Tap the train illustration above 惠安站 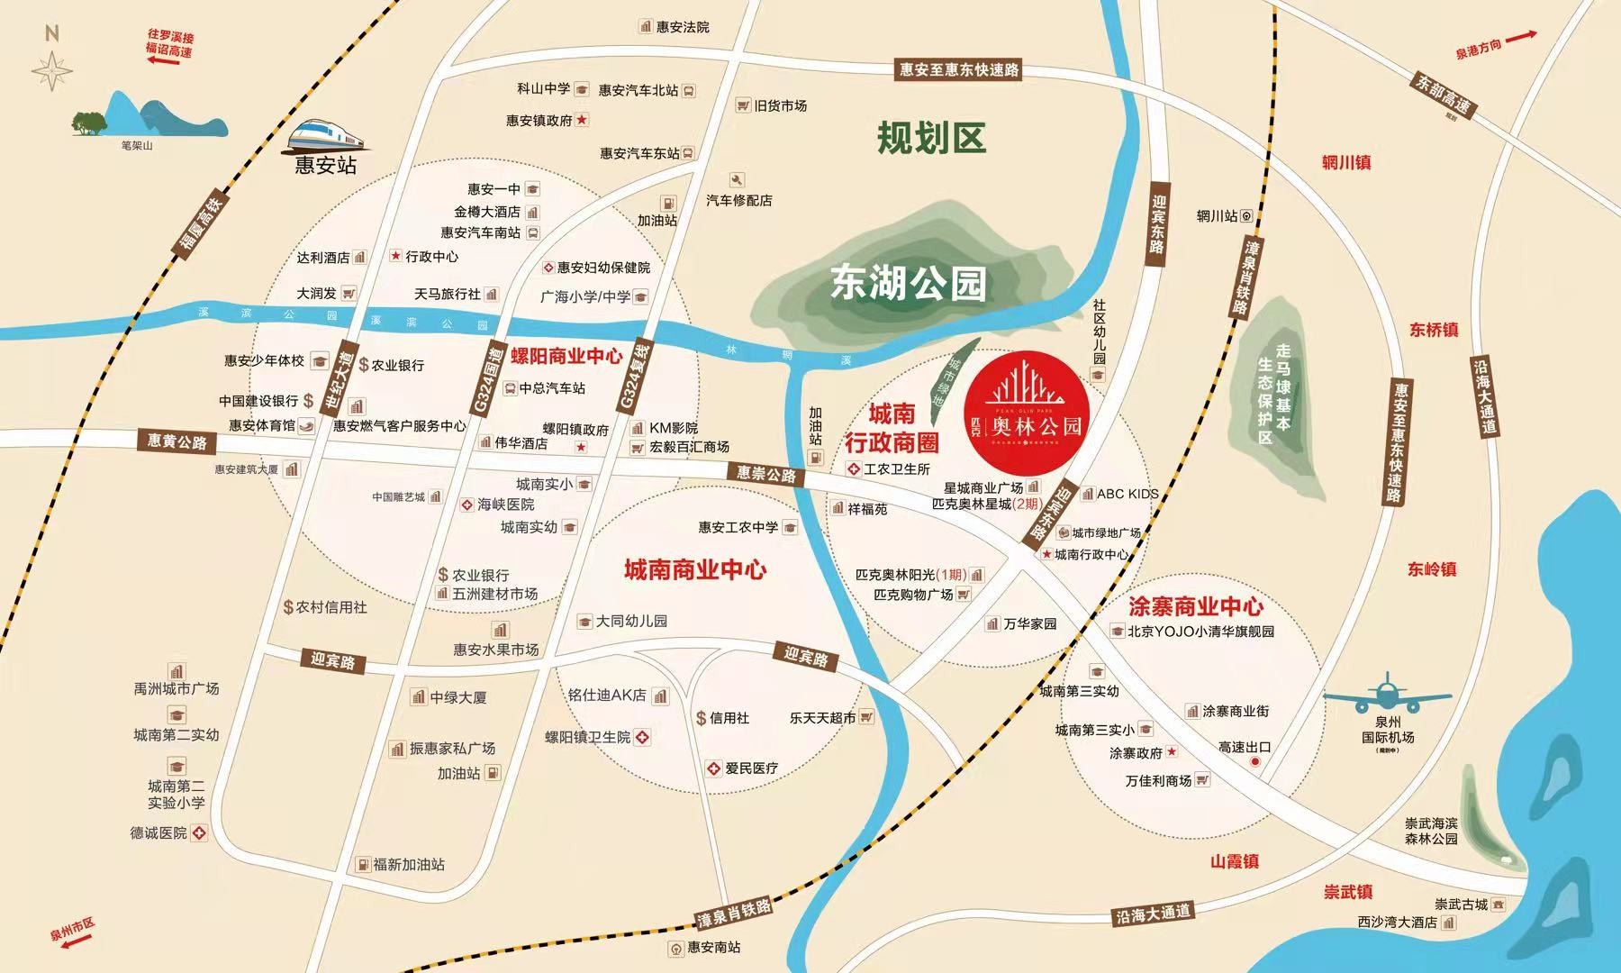click(x=328, y=135)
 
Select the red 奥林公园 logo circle click(x=1027, y=411)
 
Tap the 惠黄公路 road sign click(x=178, y=441)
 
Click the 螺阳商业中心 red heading click(x=566, y=355)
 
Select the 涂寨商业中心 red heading click(x=1195, y=606)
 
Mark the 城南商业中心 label click(x=694, y=569)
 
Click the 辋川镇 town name click(x=1345, y=163)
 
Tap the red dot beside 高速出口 click(x=1255, y=762)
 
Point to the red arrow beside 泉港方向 click(x=1519, y=37)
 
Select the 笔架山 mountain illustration click(x=149, y=115)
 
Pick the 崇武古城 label click(x=1461, y=904)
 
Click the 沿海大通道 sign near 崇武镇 click(x=1153, y=914)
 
